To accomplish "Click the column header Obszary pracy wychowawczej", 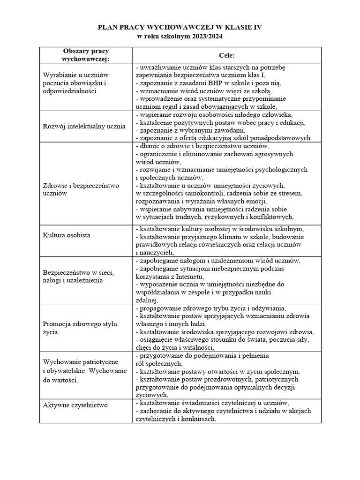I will pyautogui.click(x=86, y=55).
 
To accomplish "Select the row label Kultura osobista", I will pyautogui.click(x=67, y=234).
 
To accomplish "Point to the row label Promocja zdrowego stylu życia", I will pyautogui.click(x=80, y=328).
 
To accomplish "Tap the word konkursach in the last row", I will pyautogui.click(x=200, y=419).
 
